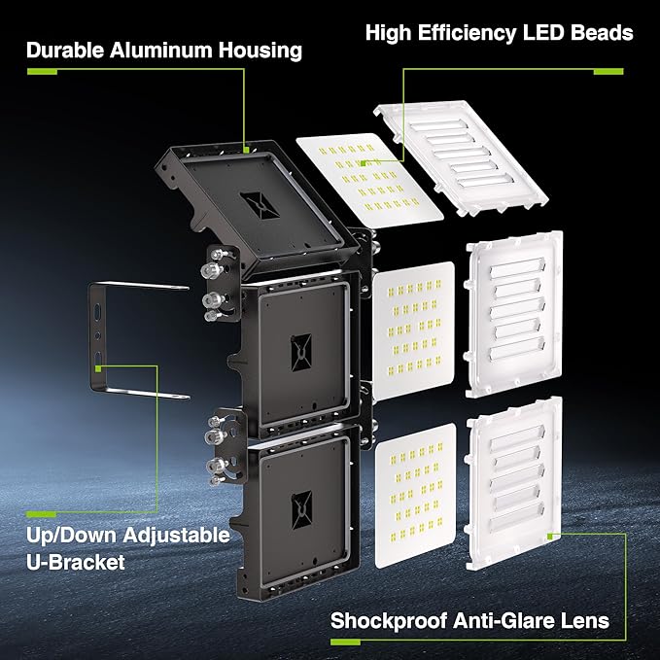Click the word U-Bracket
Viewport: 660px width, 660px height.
point(77,562)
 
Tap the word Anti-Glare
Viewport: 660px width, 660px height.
point(507,620)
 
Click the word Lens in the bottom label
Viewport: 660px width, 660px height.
point(586,620)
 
